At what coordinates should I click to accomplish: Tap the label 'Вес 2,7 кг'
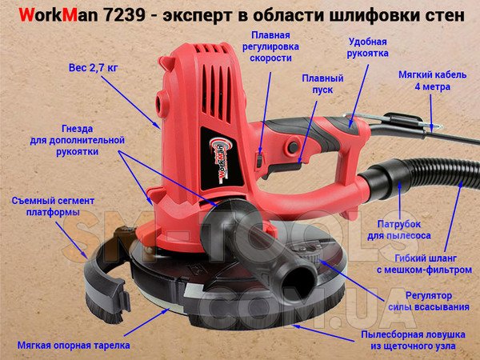93,68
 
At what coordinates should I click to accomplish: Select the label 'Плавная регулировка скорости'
270,46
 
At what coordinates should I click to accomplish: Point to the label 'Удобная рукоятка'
368,47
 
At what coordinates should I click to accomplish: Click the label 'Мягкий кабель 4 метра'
432,81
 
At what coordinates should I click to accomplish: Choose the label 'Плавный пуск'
322,84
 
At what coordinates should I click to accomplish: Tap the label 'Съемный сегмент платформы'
53,206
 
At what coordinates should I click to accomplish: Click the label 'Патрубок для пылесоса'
399,230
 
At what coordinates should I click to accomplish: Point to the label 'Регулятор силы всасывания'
429,302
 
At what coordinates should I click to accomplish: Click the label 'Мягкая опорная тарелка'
74,346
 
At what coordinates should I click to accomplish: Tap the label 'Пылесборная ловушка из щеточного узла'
414,340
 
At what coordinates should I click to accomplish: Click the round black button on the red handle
293,147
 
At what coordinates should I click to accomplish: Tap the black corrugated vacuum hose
422,174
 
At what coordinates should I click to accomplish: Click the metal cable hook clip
395,120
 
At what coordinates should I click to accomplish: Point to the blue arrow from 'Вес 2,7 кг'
130,102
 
